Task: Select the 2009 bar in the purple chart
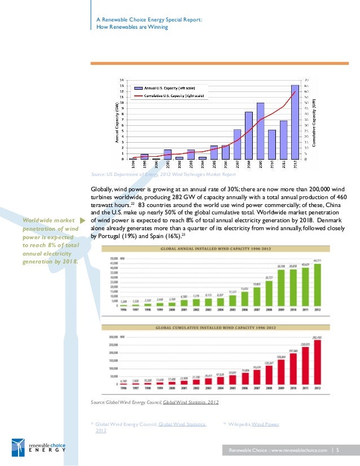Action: [260, 131]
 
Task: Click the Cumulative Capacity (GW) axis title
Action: [314, 124]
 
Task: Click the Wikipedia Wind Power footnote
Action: [254, 424]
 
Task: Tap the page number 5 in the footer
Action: [337, 450]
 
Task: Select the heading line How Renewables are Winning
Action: [133, 27]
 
